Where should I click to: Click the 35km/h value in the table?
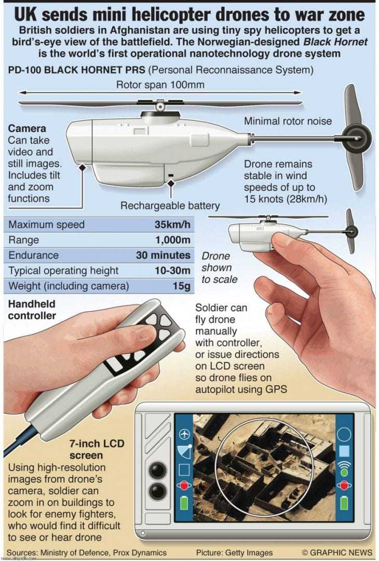point(172,225)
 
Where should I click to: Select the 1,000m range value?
point(173,240)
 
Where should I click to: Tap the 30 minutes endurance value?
point(163,256)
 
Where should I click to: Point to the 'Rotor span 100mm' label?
point(160,85)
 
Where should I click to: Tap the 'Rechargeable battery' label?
point(170,206)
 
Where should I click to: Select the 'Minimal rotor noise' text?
point(288,122)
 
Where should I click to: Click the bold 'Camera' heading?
point(27,128)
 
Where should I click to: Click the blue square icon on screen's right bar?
point(344,451)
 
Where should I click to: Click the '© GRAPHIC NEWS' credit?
point(337,552)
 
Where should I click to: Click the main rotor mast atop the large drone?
point(160,108)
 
